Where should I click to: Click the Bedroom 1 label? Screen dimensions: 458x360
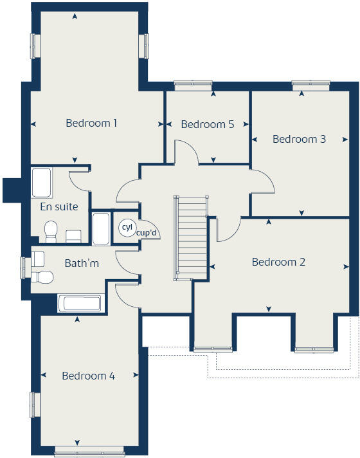[x=91, y=123]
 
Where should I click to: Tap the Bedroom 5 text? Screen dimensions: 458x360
[x=207, y=125]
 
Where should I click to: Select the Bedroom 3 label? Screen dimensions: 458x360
[x=299, y=139]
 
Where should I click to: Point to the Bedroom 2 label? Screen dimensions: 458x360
[x=278, y=262]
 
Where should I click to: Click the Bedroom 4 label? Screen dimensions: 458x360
[x=88, y=376]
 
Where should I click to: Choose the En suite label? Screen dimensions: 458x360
[x=59, y=207]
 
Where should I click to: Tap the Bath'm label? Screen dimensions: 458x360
[x=82, y=263]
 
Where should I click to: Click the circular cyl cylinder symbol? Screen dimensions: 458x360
[x=126, y=227]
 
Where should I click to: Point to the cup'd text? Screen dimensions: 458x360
[x=147, y=233]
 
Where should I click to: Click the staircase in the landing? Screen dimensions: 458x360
[x=191, y=238]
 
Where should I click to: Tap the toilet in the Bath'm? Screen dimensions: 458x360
[x=43, y=277]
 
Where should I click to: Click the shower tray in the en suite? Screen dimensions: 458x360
[x=42, y=183]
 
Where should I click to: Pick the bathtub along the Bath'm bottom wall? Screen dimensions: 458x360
[x=80, y=304]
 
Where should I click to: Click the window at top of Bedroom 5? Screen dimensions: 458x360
[x=192, y=83]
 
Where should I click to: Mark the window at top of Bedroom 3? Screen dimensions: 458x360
[x=310, y=83]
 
